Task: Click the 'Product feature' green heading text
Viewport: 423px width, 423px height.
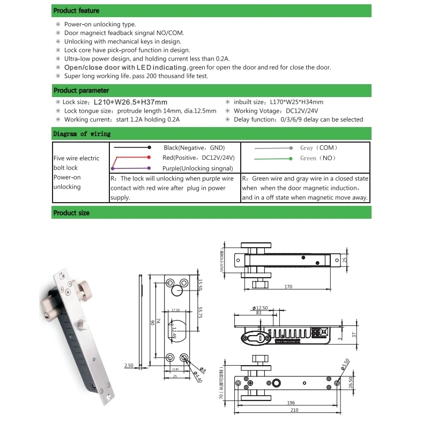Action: coord(76,11)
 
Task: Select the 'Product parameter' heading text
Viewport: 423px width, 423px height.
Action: coord(81,91)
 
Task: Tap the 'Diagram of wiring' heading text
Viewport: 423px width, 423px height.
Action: coord(82,133)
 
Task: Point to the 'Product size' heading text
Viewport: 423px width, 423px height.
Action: coord(71,213)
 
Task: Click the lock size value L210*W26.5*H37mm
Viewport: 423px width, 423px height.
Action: coord(130,102)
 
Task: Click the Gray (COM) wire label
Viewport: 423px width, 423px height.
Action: coord(318,148)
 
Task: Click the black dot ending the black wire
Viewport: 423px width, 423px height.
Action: coord(149,147)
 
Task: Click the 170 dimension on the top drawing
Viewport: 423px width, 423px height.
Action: coord(288,287)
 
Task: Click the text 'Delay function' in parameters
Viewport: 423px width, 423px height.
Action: coord(252,120)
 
